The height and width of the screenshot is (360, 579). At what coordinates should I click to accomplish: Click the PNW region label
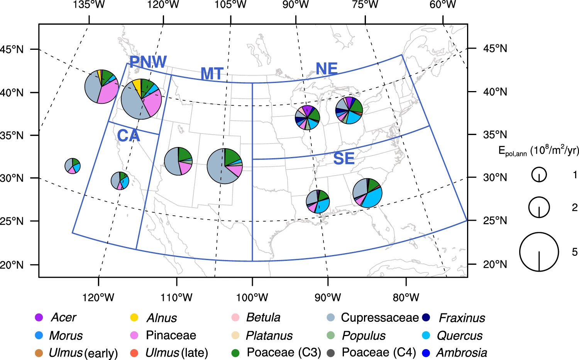tap(148, 62)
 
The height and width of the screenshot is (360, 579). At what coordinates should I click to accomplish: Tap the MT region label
tap(212, 74)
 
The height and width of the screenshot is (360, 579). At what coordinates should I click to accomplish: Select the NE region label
tap(327, 69)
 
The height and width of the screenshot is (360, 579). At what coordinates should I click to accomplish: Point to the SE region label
tap(344, 159)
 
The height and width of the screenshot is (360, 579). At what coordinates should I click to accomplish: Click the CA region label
tap(128, 136)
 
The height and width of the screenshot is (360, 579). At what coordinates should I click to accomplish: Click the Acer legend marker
tap(39, 318)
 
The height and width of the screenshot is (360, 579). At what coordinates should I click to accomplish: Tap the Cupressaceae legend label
tap(379, 318)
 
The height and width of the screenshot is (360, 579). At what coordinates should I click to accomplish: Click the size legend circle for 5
tap(539, 252)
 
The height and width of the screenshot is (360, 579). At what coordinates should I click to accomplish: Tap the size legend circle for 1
tap(539, 175)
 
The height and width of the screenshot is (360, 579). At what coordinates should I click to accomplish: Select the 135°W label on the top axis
tap(89, 5)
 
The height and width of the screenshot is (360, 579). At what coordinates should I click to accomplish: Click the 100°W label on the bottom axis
tap(252, 297)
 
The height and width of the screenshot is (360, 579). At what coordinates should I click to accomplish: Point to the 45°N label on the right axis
tap(495, 49)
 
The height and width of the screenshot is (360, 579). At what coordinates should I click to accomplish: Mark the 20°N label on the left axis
tap(12, 265)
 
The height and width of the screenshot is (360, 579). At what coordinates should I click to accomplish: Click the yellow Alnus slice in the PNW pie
tap(137, 86)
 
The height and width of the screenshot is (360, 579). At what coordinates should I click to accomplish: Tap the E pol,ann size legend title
tap(538, 150)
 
